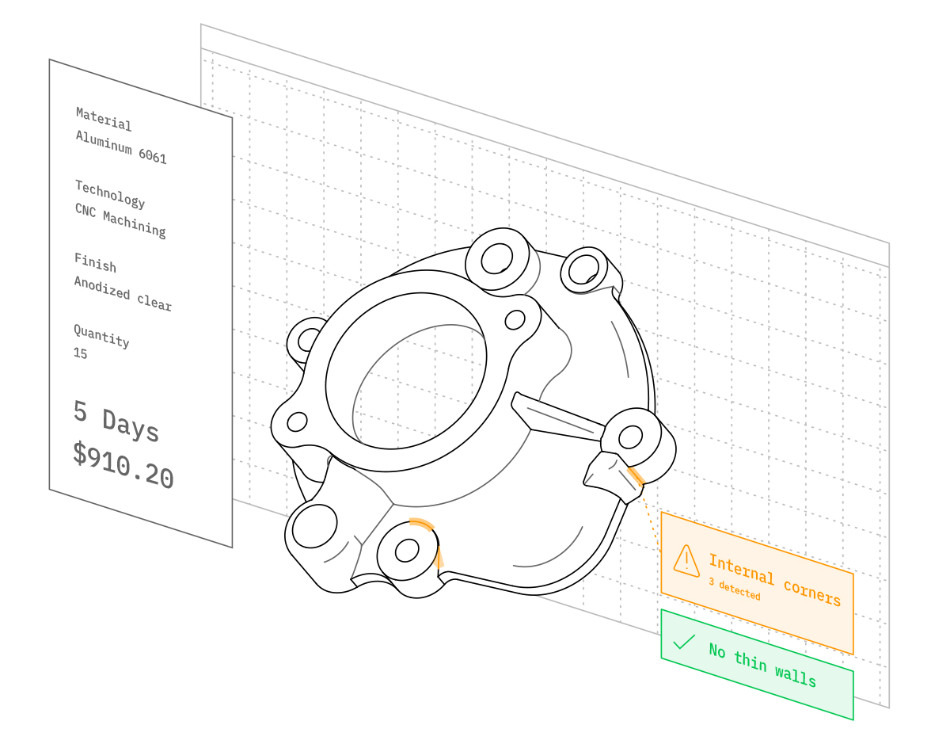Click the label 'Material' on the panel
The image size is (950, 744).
(104, 119)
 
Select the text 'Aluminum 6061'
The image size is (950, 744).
(121, 147)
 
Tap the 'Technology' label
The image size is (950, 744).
(110, 194)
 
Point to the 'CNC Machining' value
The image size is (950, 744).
(120, 221)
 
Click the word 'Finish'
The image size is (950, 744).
(95, 263)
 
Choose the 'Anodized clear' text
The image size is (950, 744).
(123, 293)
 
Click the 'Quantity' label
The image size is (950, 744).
(101, 336)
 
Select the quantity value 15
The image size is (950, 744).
(81, 353)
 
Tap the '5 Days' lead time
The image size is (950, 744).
(116, 421)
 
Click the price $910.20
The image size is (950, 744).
(123, 464)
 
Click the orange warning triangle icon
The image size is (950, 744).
(686, 561)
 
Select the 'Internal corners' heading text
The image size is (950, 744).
(775, 580)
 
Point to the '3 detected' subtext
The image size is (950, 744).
(735, 588)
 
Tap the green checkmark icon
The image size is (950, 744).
(684, 642)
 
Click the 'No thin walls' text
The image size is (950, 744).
(762, 665)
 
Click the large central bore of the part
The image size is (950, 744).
(405, 371)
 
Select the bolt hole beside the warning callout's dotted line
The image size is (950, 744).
(630, 437)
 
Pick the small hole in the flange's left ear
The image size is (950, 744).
(297, 422)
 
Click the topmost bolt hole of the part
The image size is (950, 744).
(496, 258)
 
